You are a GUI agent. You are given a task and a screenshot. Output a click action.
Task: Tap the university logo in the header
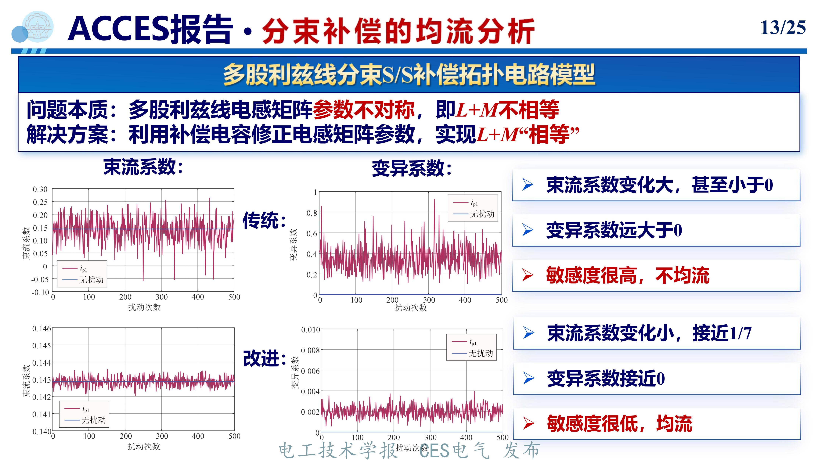click(x=38, y=27)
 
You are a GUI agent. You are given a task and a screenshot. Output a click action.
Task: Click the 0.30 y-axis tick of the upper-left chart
click(x=40, y=189)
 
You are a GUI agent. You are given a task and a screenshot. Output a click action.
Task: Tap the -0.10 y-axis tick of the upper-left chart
click(x=40, y=292)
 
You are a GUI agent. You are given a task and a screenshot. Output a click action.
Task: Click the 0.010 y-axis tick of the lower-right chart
click(x=310, y=330)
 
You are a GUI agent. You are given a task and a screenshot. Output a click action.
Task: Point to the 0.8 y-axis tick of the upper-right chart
click(x=312, y=213)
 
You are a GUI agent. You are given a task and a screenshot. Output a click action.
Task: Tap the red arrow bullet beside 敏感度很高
click(x=528, y=275)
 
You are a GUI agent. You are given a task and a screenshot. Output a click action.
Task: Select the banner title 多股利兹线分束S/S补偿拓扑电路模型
click(x=409, y=75)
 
